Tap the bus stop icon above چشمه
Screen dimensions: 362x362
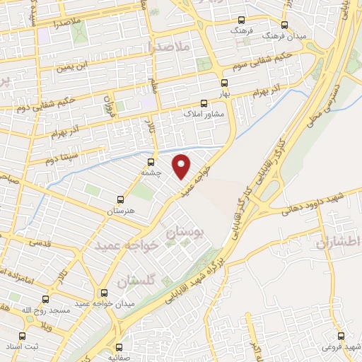point(151,161)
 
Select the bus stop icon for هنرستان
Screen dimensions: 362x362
point(120,200)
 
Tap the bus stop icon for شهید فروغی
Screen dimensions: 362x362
point(341,335)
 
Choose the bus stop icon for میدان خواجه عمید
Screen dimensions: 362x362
point(104,293)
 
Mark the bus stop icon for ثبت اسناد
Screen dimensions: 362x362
point(22,336)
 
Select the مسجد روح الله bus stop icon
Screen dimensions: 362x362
point(46,299)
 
